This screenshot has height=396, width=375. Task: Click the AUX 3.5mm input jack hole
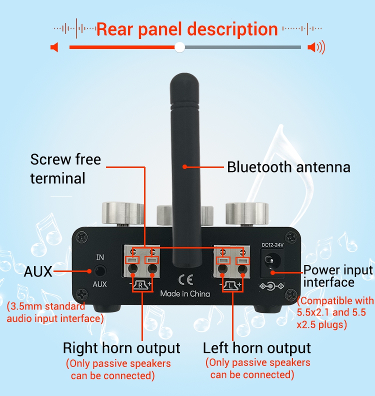click(x=101, y=271)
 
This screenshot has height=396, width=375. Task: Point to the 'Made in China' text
click(x=185, y=293)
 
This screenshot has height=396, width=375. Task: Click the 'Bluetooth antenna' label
click(x=288, y=167)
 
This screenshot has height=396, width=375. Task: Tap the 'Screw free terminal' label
click(x=65, y=168)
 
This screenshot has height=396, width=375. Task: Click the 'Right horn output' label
click(x=121, y=348)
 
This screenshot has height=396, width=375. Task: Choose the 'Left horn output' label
click(x=257, y=348)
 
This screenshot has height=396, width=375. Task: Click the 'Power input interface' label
click(x=338, y=276)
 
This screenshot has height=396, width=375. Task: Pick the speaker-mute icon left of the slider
click(x=54, y=47)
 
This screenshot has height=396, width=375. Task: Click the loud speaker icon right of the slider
click(x=316, y=47)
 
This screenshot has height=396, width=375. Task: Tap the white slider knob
click(x=180, y=47)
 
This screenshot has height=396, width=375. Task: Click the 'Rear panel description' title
click(x=187, y=29)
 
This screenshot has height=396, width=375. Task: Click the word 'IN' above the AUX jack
click(x=100, y=257)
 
